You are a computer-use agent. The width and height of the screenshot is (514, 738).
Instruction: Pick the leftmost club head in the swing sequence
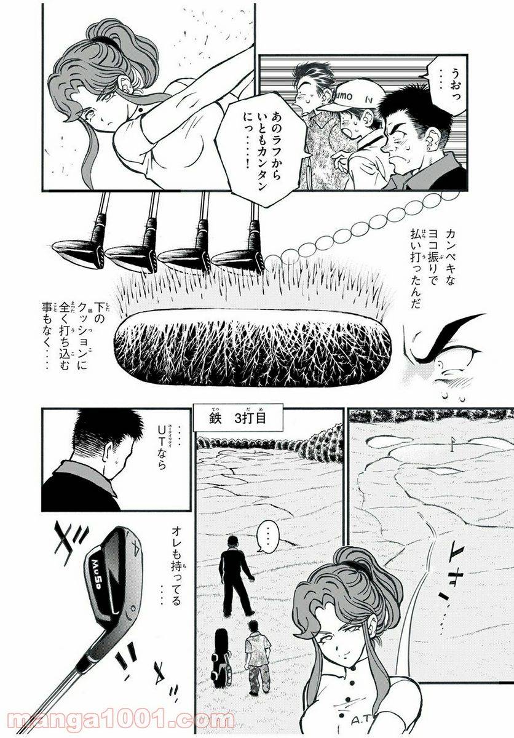click(75, 247)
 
